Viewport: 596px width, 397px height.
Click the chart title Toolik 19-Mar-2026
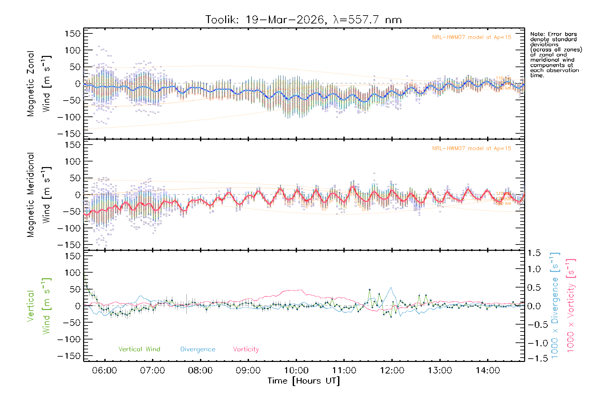303,20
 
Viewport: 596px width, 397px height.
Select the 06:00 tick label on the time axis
105,371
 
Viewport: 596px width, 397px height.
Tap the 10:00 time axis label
296,371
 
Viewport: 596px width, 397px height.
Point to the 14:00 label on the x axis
487,371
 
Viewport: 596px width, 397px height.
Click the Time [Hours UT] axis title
304,381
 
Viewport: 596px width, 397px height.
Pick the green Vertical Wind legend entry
139,349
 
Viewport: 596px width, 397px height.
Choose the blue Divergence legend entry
198,349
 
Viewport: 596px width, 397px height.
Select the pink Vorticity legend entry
246,349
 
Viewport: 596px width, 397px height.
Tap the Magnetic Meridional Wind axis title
39,195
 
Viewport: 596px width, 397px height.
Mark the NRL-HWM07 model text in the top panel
472,37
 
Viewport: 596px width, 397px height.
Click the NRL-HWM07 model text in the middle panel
472,149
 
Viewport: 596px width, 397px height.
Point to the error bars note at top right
556,55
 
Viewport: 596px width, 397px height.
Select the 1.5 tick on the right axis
534,253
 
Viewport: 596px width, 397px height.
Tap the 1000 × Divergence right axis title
555,306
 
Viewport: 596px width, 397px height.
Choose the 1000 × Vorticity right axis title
571,306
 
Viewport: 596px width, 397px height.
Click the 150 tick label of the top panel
73,34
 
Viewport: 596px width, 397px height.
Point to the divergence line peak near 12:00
391,287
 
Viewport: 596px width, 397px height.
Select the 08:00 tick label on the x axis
200,371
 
